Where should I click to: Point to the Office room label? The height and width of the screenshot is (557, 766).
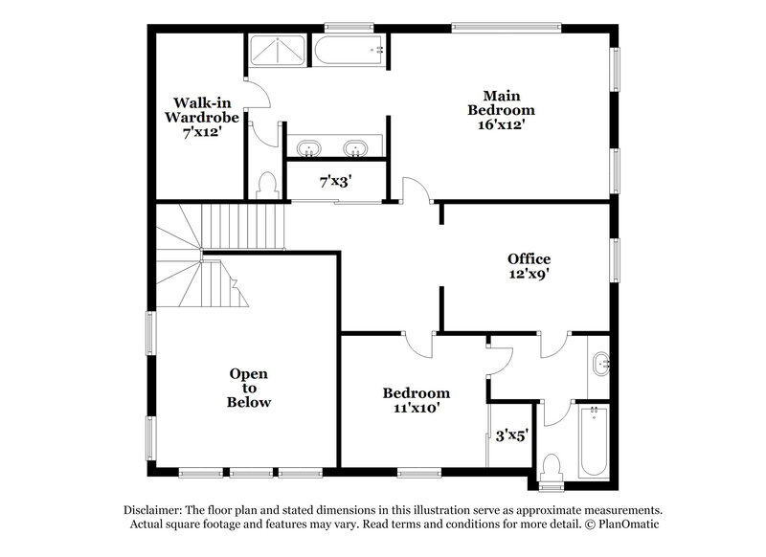(x=529, y=258)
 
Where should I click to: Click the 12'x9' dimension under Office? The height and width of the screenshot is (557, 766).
(x=529, y=274)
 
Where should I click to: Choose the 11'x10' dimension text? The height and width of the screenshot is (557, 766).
(x=417, y=409)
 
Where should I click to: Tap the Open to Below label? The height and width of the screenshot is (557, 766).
(x=248, y=388)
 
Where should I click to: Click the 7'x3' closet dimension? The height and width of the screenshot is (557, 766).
(x=336, y=180)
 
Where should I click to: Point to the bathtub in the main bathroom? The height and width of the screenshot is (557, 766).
(x=349, y=50)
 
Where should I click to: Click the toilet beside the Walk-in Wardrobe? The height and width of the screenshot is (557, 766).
(x=268, y=184)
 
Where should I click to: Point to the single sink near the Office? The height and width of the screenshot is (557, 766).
(x=600, y=363)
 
